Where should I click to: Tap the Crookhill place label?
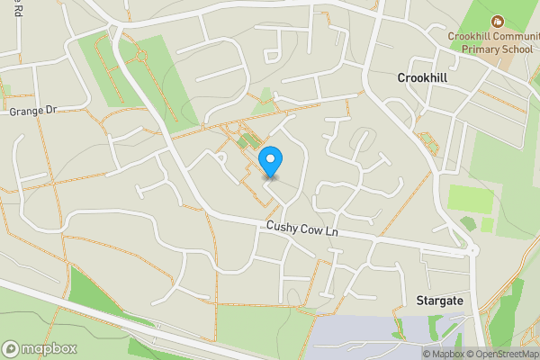pos(422,79)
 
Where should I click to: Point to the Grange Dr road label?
pos(32,111)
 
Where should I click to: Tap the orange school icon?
pos(496,21)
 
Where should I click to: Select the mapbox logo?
pos(40,348)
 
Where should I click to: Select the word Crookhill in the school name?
pos(472,36)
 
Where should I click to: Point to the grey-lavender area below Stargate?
pos(378,337)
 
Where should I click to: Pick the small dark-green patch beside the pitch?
pos(467,221)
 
